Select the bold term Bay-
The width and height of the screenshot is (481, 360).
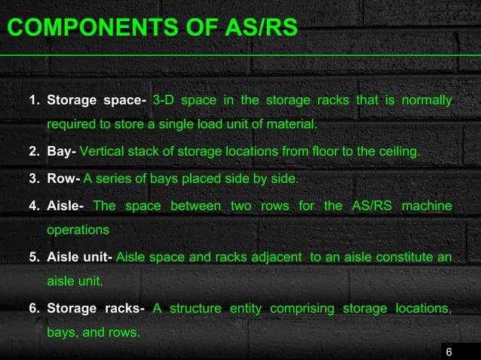pyautogui.click(x=61, y=152)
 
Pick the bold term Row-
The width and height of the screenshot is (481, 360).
pyautogui.click(x=63, y=179)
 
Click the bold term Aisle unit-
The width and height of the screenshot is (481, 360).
pyautogui.click(x=80, y=258)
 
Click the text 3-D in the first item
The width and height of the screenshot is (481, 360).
pyautogui.click(x=164, y=100)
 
